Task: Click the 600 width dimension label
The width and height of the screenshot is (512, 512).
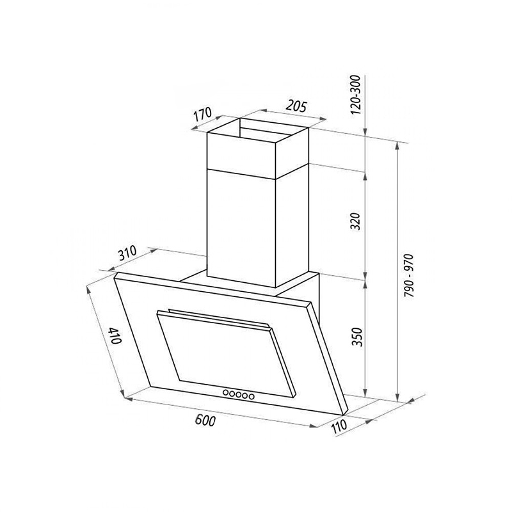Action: point(205,420)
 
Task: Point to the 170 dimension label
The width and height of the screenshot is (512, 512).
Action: point(203,116)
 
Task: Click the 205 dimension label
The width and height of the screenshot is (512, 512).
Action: point(296,106)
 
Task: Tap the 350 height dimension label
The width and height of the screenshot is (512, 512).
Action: point(358,337)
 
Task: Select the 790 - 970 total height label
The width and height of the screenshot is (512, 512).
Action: point(408,275)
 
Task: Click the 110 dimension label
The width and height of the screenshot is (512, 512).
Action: point(339,427)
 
